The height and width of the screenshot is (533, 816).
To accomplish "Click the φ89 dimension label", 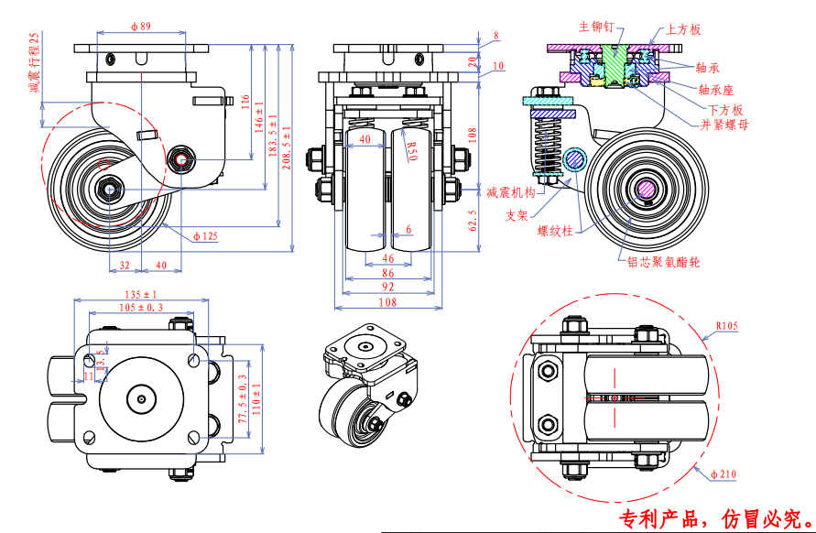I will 140,28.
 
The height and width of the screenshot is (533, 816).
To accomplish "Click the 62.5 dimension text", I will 473,221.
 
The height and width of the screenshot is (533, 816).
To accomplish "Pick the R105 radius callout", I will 727,325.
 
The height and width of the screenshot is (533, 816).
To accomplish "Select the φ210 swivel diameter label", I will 724,473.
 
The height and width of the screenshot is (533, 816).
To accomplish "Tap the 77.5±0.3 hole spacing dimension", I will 242,397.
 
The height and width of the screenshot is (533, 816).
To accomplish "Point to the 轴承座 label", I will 715,90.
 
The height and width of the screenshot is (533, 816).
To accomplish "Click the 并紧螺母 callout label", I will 724,124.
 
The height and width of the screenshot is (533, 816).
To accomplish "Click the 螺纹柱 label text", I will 555,232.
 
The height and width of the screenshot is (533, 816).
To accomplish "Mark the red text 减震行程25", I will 35,63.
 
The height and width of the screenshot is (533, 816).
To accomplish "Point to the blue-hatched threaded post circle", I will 575,160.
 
